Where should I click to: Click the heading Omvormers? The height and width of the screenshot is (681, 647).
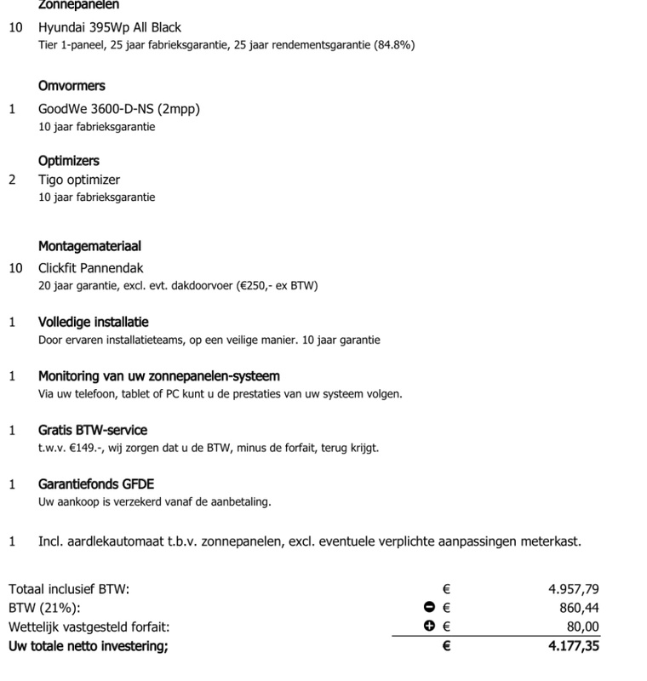72,87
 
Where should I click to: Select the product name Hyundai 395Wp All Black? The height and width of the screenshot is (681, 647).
110,28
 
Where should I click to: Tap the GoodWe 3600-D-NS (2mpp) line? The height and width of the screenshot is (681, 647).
119,110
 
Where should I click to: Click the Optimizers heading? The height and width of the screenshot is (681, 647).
68,161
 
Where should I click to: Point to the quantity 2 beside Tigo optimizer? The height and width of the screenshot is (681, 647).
12,180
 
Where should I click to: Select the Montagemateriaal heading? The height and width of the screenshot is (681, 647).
89,247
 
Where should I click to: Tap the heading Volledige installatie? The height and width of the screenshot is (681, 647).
94,323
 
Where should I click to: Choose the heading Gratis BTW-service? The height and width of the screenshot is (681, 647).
93,430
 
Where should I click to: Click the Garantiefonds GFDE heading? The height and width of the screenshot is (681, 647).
96,484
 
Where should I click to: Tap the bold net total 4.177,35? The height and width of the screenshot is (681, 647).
574,646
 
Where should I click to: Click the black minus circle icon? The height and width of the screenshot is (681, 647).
429,607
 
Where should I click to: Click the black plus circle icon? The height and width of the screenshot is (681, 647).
429,627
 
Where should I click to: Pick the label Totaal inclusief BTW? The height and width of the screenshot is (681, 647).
69,588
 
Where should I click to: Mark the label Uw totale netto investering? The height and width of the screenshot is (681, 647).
89,646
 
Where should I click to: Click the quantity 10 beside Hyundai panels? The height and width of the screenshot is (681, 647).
15,28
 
